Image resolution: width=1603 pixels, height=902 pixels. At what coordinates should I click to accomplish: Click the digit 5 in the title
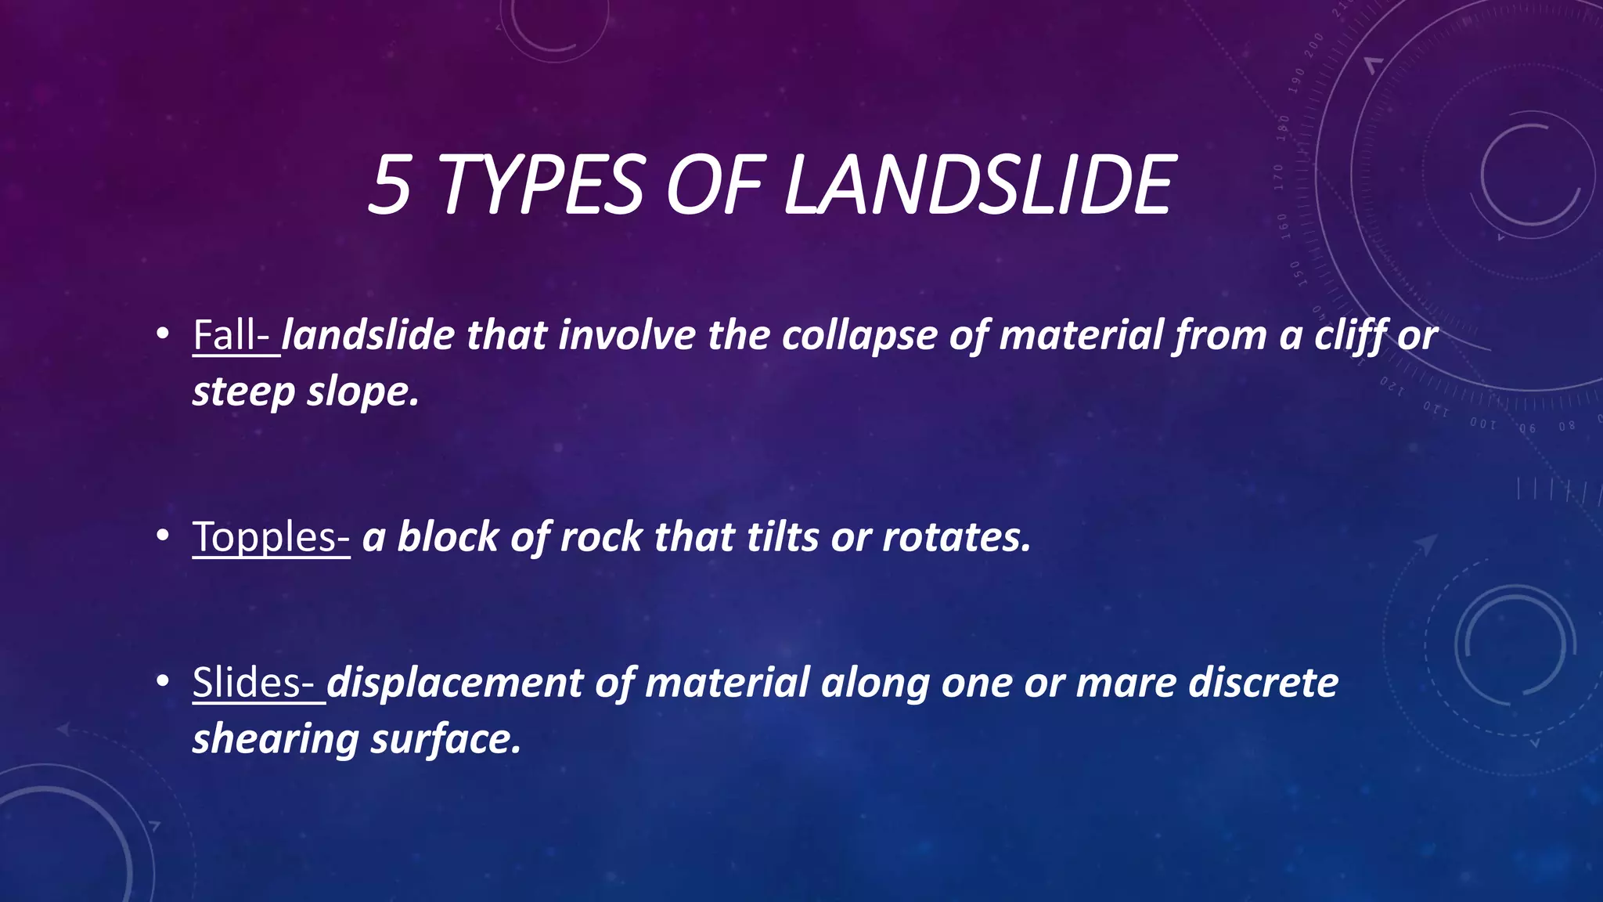[x=390, y=185]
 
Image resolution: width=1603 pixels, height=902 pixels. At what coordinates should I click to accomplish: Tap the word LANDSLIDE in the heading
[x=978, y=185]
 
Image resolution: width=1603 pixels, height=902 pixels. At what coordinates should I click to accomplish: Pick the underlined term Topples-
[x=271, y=537]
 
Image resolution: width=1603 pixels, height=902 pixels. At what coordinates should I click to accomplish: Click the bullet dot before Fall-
[x=162, y=334]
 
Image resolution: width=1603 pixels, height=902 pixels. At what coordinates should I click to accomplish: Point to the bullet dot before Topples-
[x=162, y=536]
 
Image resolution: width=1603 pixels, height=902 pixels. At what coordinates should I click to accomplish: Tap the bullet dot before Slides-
[x=162, y=680]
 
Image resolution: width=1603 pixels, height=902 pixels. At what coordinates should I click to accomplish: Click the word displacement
[x=455, y=682]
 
